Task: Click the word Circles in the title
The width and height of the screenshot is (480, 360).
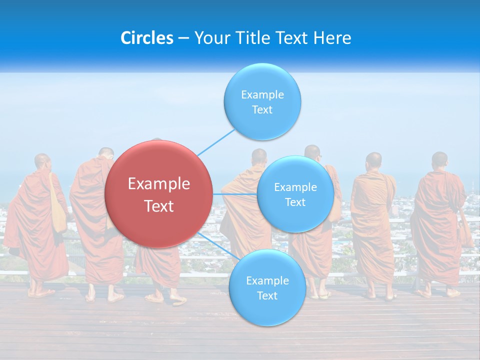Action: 146,38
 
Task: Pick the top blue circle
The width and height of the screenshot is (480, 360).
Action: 262,101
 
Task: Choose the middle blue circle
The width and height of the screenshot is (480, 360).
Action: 295,194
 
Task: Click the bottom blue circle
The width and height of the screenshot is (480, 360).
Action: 267,288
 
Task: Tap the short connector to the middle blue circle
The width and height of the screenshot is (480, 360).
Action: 235,193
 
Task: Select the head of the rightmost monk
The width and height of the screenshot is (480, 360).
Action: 439,160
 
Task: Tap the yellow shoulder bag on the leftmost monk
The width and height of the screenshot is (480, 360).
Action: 58,210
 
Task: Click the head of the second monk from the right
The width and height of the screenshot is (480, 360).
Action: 373,160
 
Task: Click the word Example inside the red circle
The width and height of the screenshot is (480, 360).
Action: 159,184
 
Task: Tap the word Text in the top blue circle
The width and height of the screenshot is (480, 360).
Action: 262,110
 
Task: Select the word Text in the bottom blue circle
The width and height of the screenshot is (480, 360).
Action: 267,296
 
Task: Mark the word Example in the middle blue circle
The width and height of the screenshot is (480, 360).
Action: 295,187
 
